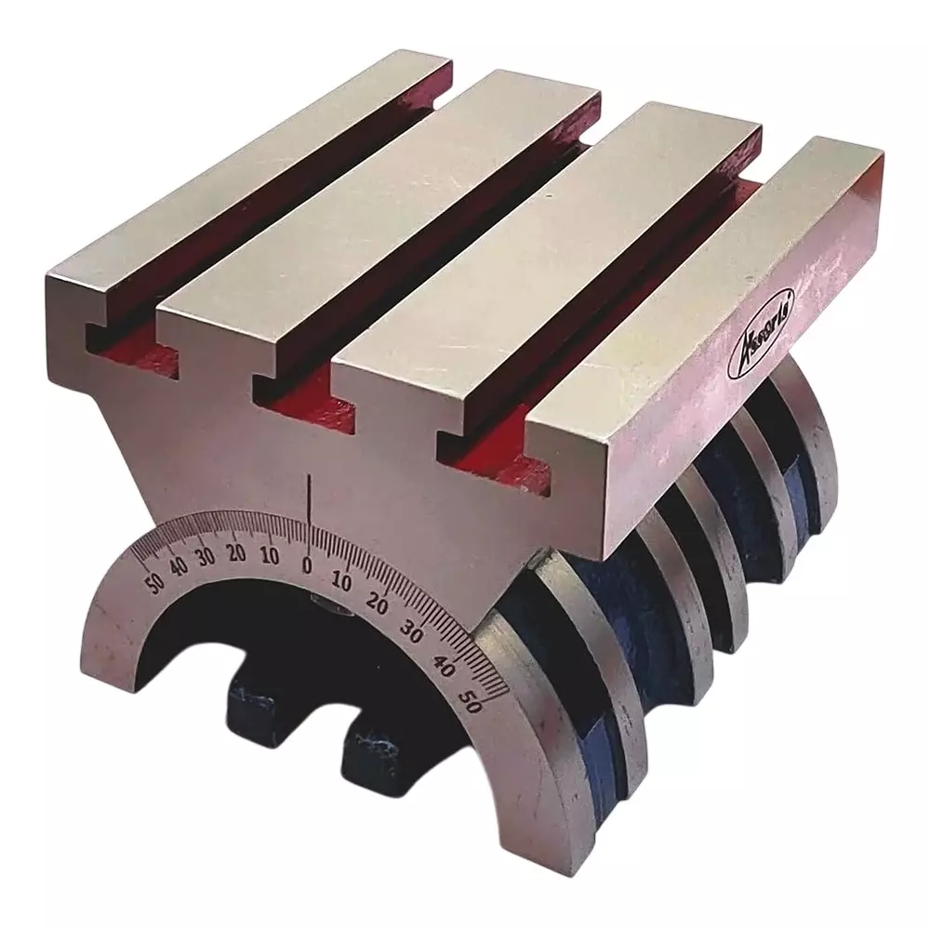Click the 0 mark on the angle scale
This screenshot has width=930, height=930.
(308, 565)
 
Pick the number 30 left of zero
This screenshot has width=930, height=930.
(206, 556)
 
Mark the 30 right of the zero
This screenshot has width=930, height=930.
(410, 633)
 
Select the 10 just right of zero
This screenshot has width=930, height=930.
(341, 582)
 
